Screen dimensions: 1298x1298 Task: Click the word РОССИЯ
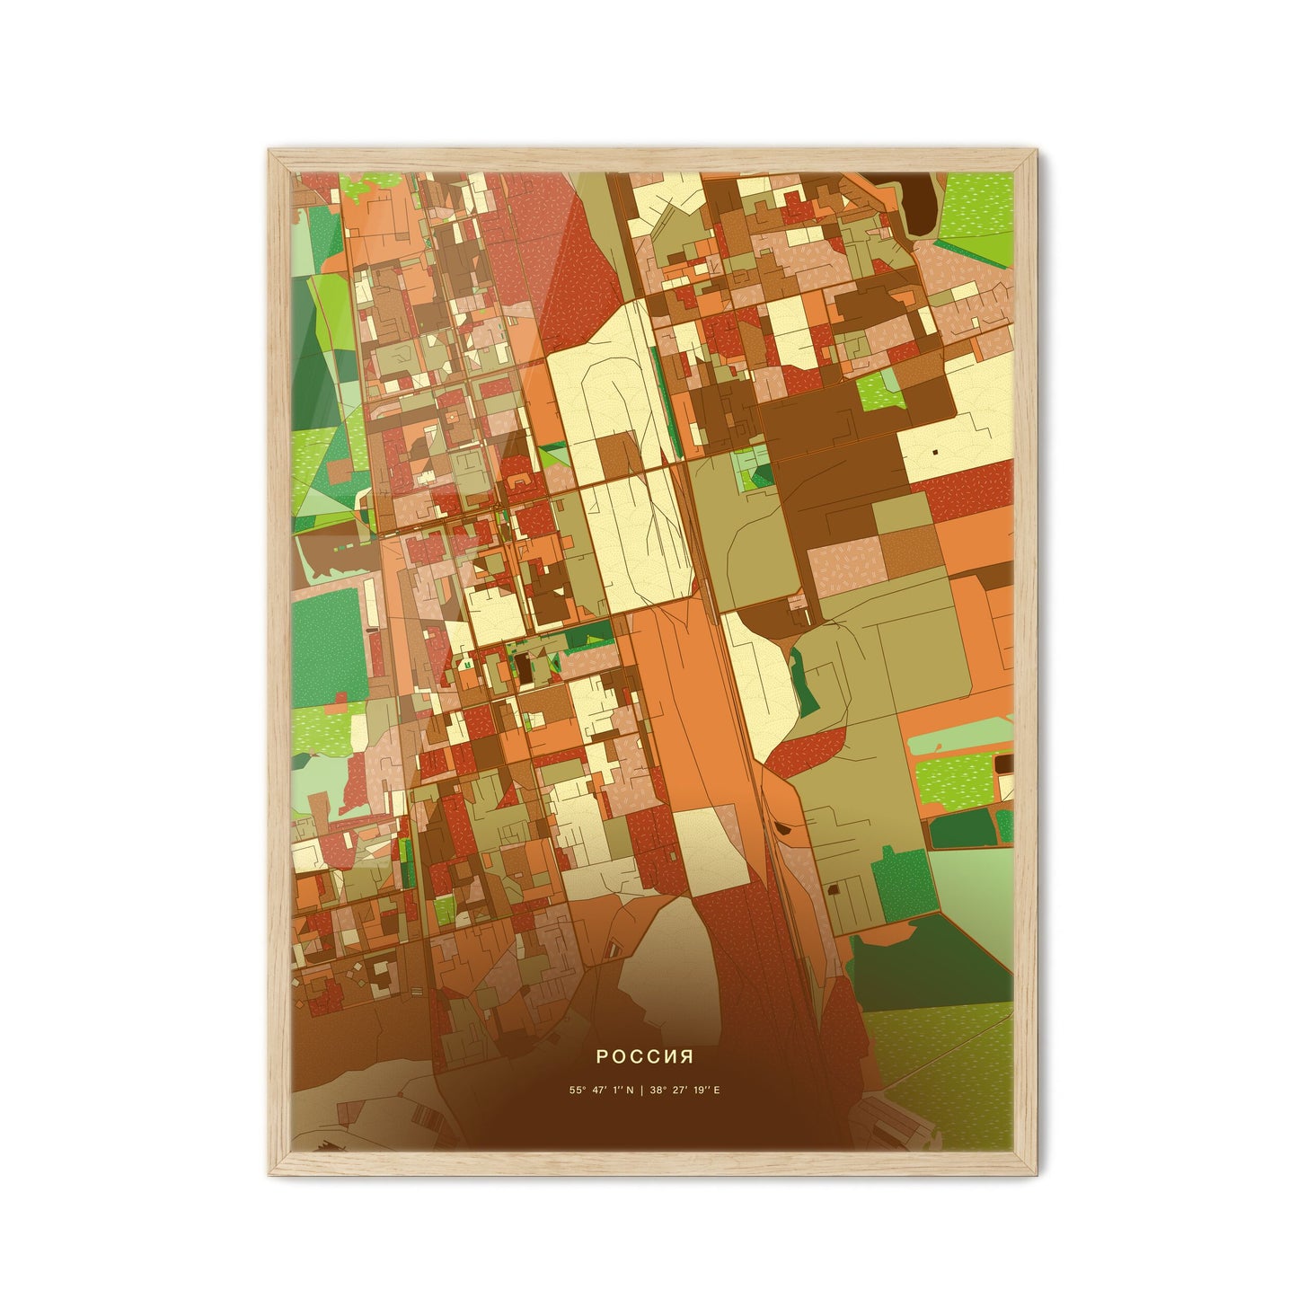pos(649,1058)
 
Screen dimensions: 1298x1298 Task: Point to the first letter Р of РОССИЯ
pos(600,1058)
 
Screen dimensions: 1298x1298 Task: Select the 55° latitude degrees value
pos(575,1090)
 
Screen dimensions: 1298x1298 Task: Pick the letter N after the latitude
pos(630,1090)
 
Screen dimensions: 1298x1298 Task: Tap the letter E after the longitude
pos(717,1090)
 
